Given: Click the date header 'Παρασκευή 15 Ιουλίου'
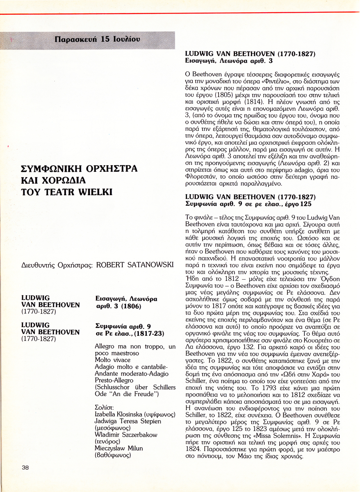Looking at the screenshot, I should click(x=97, y=40).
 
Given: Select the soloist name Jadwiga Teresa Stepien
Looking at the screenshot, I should click(x=128, y=421).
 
